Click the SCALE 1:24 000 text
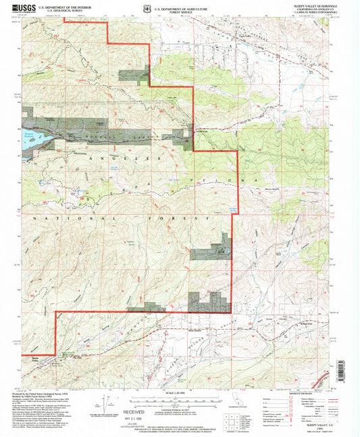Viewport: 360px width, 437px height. [179, 394]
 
